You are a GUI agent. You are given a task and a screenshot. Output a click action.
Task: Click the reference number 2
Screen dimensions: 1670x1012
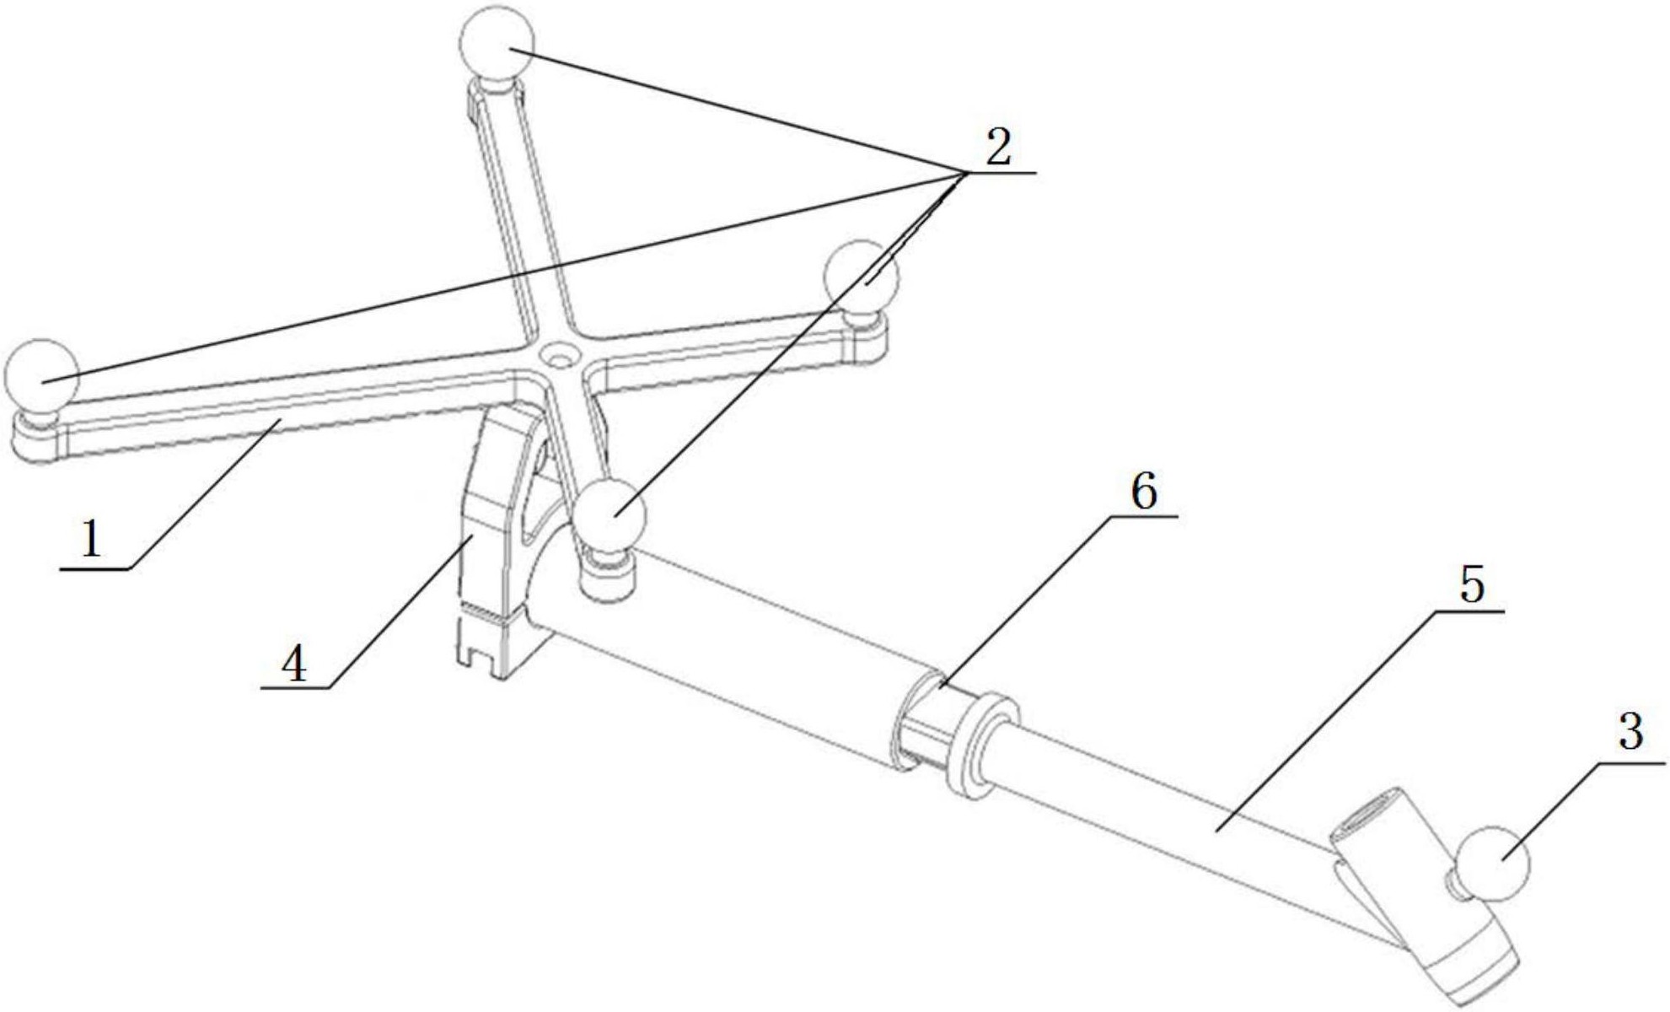[x=998, y=147]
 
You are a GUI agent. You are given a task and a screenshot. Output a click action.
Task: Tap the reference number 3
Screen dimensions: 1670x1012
[x=1631, y=731]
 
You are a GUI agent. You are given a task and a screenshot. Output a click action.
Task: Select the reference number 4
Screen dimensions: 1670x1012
[x=293, y=664]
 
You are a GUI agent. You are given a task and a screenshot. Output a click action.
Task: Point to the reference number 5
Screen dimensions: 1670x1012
[x=1471, y=584]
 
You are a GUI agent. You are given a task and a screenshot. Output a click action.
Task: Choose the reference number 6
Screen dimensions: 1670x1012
[x=1143, y=492]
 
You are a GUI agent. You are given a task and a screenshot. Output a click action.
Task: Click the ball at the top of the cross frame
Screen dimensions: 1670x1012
[x=497, y=43]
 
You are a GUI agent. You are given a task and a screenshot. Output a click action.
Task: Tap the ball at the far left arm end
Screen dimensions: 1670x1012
[x=41, y=376]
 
